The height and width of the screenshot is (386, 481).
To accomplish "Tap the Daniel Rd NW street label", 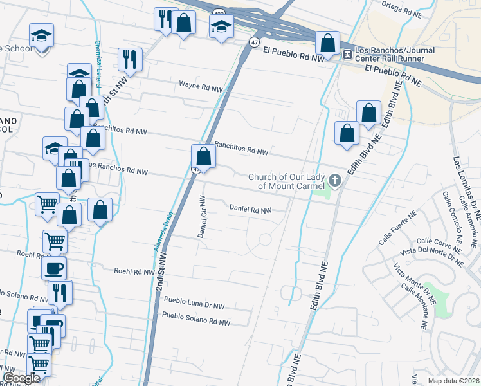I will (250, 209).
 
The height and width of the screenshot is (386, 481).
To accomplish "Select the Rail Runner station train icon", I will (347, 55).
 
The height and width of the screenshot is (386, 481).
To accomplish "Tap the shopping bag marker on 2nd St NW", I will (203, 156).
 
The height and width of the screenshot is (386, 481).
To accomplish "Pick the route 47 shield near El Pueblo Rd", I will (255, 41).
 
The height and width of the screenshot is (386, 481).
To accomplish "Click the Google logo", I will (21, 378).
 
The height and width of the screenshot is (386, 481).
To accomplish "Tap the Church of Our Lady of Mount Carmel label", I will (287, 181).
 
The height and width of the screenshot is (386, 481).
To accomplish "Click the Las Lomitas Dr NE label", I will (464, 192).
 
